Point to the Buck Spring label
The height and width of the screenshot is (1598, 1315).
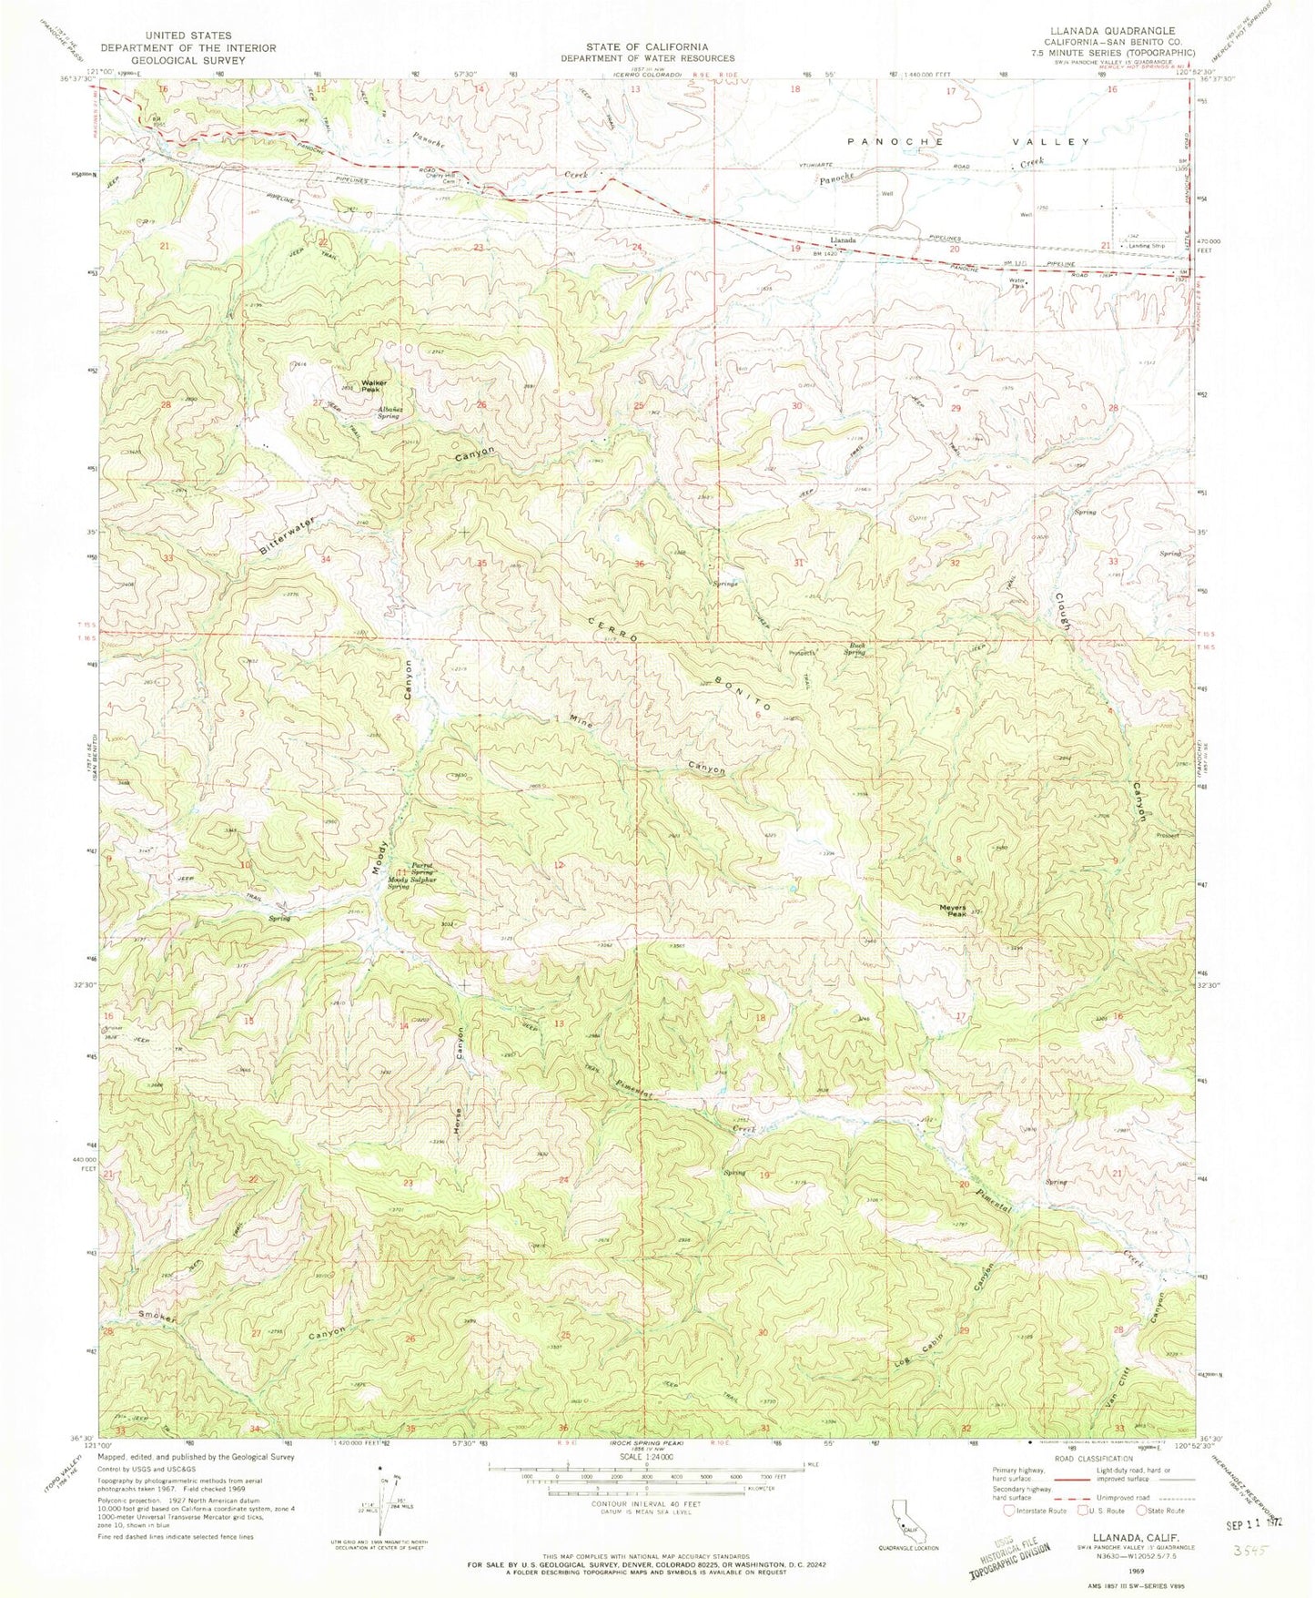(857, 649)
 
